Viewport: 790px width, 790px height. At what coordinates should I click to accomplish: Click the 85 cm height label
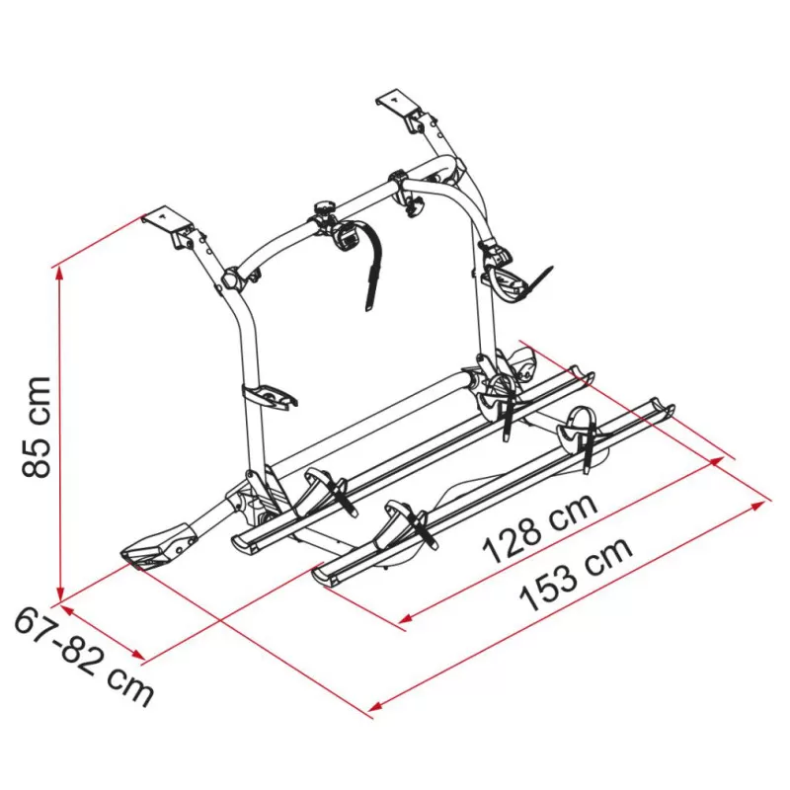(37, 427)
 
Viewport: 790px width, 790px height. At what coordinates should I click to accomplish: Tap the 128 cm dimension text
(540, 528)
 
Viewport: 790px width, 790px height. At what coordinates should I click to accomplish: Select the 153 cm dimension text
(576, 574)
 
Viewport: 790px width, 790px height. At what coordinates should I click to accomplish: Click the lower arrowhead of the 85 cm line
(60, 593)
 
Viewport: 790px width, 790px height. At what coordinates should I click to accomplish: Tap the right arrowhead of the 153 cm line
(758, 505)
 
